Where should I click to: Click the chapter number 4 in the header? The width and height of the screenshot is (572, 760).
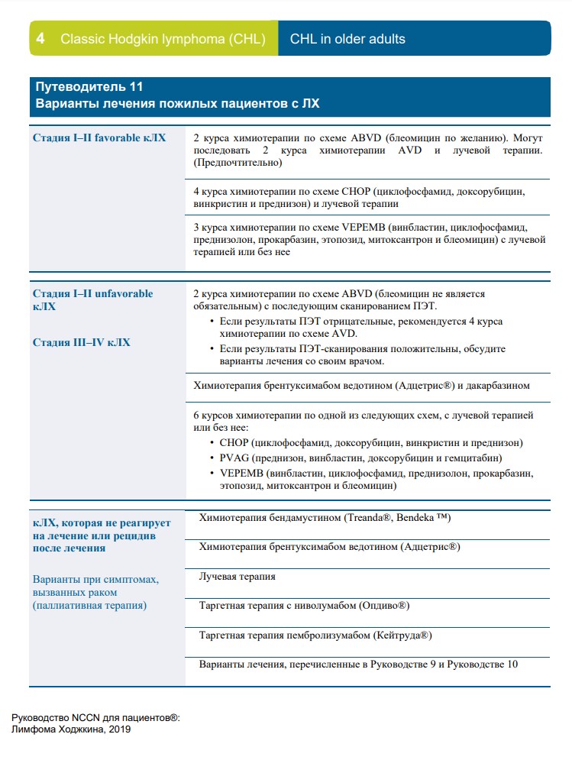[40, 39]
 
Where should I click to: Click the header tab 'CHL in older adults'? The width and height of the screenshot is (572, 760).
[347, 39]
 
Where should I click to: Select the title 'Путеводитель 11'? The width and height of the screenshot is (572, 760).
[89, 87]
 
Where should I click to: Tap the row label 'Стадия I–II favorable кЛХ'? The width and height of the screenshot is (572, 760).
[99, 138]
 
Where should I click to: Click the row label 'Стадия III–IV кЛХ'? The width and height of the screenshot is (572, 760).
[82, 342]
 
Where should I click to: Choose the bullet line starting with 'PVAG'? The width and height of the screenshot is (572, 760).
[360, 458]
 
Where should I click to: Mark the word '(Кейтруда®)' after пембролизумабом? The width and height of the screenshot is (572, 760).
[404, 635]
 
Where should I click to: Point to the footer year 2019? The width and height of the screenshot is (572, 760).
[118, 729]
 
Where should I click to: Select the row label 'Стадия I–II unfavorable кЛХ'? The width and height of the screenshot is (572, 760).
[92, 299]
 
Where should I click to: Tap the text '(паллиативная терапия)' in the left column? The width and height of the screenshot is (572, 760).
[89, 606]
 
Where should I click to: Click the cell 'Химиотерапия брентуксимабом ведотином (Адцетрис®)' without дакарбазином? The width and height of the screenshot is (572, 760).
[329, 547]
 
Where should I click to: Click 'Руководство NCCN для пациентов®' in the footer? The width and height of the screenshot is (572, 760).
[95, 718]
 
